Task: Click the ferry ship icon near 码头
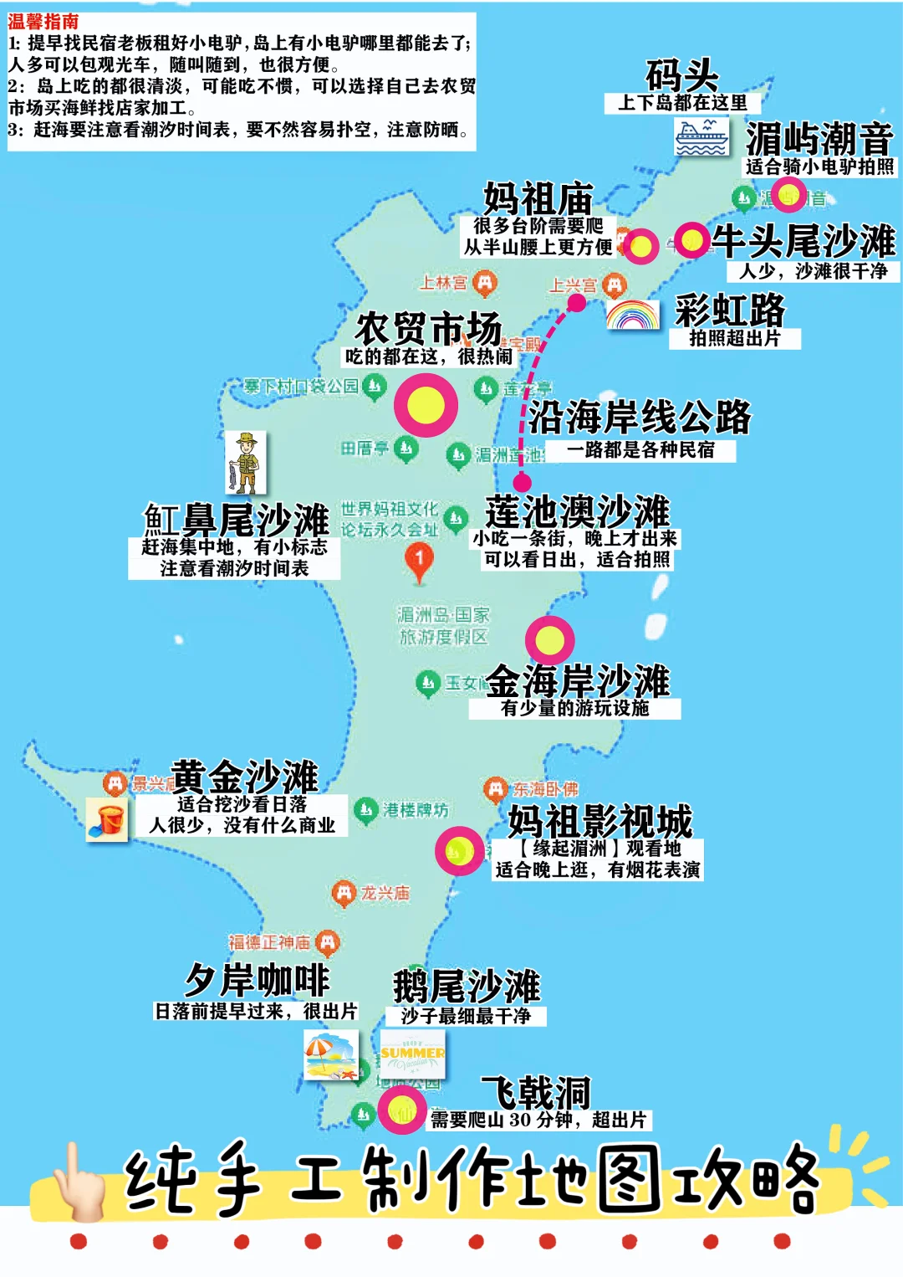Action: (x=701, y=136)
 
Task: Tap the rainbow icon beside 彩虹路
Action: (x=633, y=315)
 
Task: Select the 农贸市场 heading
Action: (x=428, y=327)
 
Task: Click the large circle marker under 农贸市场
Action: (x=426, y=405)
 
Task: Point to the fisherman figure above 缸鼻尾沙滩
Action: (x=246, y=462)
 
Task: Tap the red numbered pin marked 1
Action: (x=419, y=561)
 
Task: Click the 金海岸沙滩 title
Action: (x=578, y=680)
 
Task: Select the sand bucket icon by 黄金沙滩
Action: (x=108, y=819)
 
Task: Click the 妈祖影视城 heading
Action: (x=599, y=820)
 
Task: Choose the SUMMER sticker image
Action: (x=412, y=1054)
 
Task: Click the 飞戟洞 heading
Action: (x=537, y=1092)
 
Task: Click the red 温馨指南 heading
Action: (x=43, y=22)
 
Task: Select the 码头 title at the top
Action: (x=681, y=75)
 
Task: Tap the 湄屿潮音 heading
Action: (x=819, y=138)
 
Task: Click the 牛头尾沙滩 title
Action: (x=804, y=241)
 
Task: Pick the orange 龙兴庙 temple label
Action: (x=385, y=893)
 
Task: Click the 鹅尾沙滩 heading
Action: (x=467, y=986)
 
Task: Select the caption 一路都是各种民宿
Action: (x=641, y=450)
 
